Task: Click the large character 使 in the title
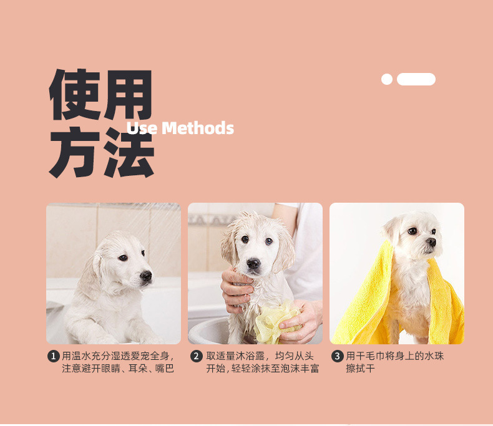(x=75, y=94)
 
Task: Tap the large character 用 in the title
(x=129, y=95)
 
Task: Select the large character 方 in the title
(x=75, y=152)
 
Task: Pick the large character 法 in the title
(x=129, y=152)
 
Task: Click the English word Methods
(x=198, y=128)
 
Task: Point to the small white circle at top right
(x=387, y=79)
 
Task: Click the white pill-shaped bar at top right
(x=416, y=79)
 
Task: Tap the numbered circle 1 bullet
(x=53, y=356)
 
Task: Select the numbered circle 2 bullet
(x=196, y=356)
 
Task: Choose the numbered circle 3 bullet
(x=337, y=356)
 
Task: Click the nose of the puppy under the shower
(x=146, y=276)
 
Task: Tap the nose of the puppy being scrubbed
(x=253, y=263)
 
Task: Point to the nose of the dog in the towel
(x=431, y=241)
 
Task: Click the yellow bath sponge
(x=276, y=321)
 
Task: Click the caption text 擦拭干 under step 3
(x=360, y=368)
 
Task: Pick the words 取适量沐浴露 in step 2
(x=235, y=356)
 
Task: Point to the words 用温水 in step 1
(x=76, y=356)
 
